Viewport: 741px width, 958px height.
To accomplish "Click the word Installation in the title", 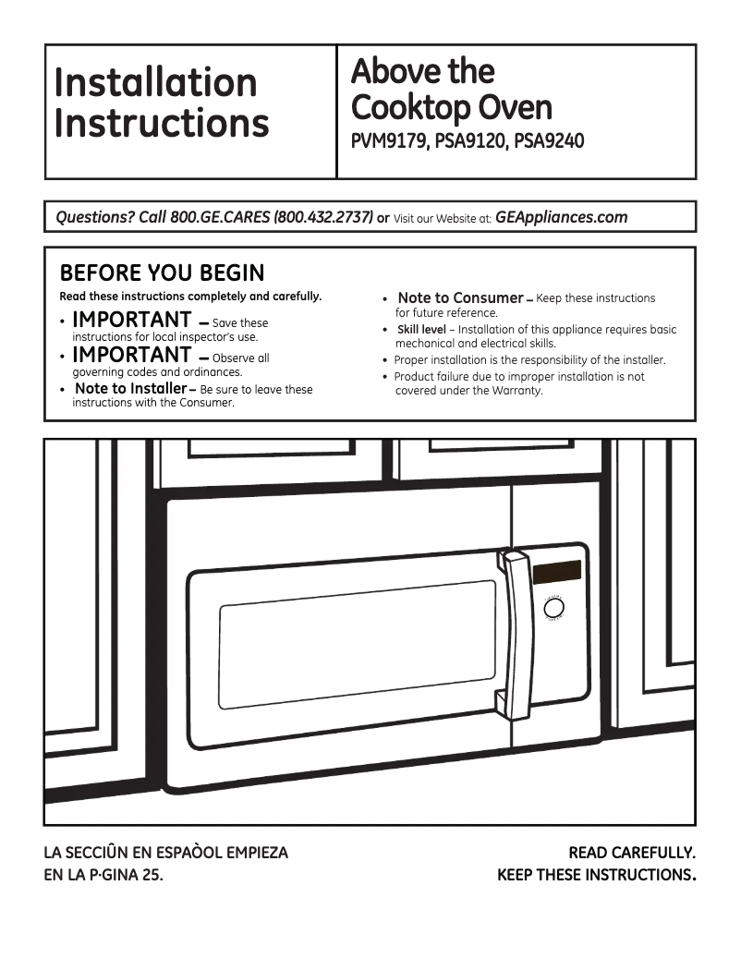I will pyautogui.click(x=155, y=82).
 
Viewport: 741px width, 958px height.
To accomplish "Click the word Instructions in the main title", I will pyautogui.click(x=161, y=123).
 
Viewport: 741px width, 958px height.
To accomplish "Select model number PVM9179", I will pyautogui.click(x=387, y=142).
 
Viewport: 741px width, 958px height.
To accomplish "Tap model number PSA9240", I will pyautogui.click(x=549, y=142).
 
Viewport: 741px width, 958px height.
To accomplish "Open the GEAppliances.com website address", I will pyautogui.click(x=561, y=218).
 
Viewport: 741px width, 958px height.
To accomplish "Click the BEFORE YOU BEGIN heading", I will pyautogui.click(x=162, y=273).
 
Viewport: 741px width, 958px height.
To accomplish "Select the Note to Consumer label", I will pyautogui.click(x=459, y=298).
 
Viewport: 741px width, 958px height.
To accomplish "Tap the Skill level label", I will pyautogui.click(x=421, y=330).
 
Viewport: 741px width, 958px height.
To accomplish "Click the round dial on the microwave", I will pyautogui.click(x=554, y=610).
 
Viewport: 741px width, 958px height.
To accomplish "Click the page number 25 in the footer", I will pyautogui.click(x=153, y=874).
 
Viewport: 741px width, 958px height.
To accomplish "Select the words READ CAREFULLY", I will pyautogui.click(x=631, y=853).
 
